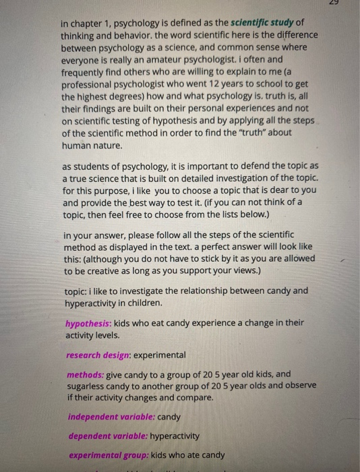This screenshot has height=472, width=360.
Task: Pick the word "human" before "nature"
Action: pyautogui.click(x=78, y=145)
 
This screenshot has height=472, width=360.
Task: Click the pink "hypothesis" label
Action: pyautogui.click(x=88, y=322)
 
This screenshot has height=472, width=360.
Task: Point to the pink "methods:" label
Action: pyautogui.click(x=85, y=374)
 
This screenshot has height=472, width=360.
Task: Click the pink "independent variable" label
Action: pyautogui.click(x=111, y=417)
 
